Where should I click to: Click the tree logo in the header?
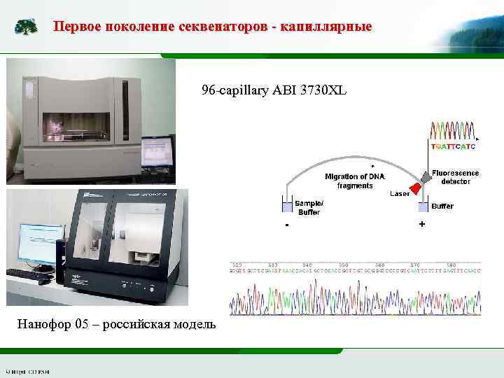[x=27, y=27]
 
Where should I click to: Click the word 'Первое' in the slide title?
[x=76, y=27]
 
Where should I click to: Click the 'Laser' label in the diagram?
[x=400, y=194]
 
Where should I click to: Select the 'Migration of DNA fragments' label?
[x=355, y=181]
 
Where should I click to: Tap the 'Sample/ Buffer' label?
[x=309, y=206]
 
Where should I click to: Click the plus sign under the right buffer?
[x=421, y=224]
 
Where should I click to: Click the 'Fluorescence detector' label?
[x=456, y=176]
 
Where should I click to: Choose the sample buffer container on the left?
[x=286, y=206]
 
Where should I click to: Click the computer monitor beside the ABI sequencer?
[x=157, y=150]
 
